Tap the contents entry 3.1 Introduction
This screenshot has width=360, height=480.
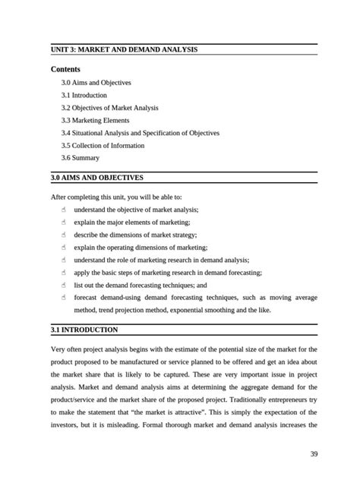tap(84, 95)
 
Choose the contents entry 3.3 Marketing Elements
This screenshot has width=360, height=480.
tap(95, 120)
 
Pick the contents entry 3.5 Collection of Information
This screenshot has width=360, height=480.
tap(103, 145)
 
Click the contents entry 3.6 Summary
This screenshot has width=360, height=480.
tap(80, 158)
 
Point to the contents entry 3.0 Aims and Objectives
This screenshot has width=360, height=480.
tap(96, 82)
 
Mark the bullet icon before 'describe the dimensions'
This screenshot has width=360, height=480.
tap(65, 235)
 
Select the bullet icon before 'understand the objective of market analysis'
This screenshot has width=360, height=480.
tap(65, 210)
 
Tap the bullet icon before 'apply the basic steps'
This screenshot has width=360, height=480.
tap(65, 272)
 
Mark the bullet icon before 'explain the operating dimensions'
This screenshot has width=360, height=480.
tap(65, 247)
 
